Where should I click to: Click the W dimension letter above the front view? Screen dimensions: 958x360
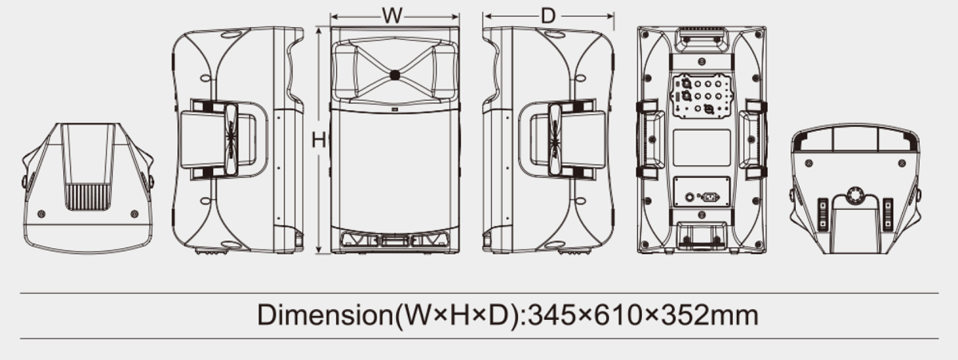point(392,16)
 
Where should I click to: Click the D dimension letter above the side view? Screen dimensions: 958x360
point(548,16)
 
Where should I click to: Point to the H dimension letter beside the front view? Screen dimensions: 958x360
point(319,140)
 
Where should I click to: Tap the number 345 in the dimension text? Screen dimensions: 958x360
point(552,315)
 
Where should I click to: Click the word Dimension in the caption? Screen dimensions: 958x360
point(325,315)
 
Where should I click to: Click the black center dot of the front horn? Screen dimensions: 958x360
point(394,75)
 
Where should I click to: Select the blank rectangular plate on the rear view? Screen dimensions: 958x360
point(702,148)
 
